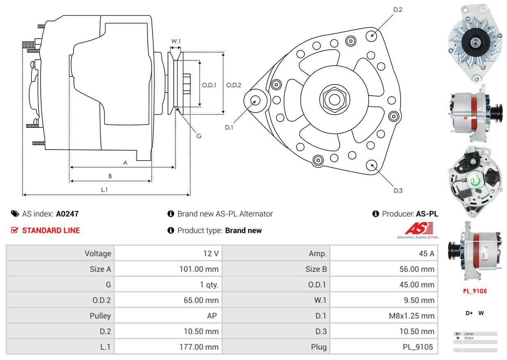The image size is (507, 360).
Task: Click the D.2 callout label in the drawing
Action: pos(397,9)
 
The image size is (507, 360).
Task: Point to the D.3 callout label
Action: pos(398,190)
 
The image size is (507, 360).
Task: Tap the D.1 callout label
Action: pos(229,127)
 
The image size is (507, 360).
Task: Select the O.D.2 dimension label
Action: pos(234,85)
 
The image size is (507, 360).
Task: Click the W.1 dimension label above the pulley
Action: pos(176,41)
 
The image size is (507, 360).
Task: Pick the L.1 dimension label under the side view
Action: pos(105,189)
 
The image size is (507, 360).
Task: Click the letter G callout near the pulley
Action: pos(198,136)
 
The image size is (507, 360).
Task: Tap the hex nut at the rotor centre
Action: pos(333,99)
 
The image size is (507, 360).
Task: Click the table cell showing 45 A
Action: pos(426,254)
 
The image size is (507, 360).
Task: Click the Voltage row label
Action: pos(98,254)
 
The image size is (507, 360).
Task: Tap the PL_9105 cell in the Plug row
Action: pos(418,347)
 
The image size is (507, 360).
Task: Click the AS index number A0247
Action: pos(67,214)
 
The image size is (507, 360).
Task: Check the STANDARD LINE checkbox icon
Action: pos(15,231)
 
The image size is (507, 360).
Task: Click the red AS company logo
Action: pos(419,228)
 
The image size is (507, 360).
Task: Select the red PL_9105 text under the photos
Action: pos(475,291)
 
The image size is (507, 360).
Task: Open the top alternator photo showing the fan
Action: pos(475,43)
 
